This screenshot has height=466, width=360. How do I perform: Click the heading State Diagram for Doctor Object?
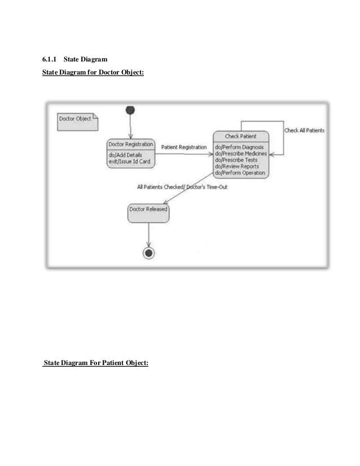pyautogui.click(x=93, y=72)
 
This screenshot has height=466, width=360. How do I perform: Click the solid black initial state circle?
pyautogui.click(x=130, y=109)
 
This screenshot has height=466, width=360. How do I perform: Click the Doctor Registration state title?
pyautogui.click(x=130, y=144)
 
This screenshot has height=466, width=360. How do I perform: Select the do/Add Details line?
pyautogui.click(x=126, y=155)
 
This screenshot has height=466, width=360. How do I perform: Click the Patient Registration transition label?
pyautogui.click(x=184, y=147)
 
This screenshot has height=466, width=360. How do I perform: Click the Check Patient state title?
pyautogui.click(x=240, y=137)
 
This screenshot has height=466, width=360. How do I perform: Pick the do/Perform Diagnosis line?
pyautogui.click(x=239, y=147)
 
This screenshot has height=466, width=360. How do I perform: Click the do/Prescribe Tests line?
pyautogui.click(x=236, y=160)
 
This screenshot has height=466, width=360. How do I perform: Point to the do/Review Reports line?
pyautogui.click(x=237, y=166)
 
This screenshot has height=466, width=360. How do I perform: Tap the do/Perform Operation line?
pyautogui.click(x=240, y=173)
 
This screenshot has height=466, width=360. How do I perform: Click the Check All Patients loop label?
pyautogui.click(x=304, y=131)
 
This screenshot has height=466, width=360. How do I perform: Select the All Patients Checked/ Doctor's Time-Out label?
pyautogui.click(x=182, y=187)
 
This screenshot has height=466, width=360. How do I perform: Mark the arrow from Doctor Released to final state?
pyautogui.click(x=148, y=234)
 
